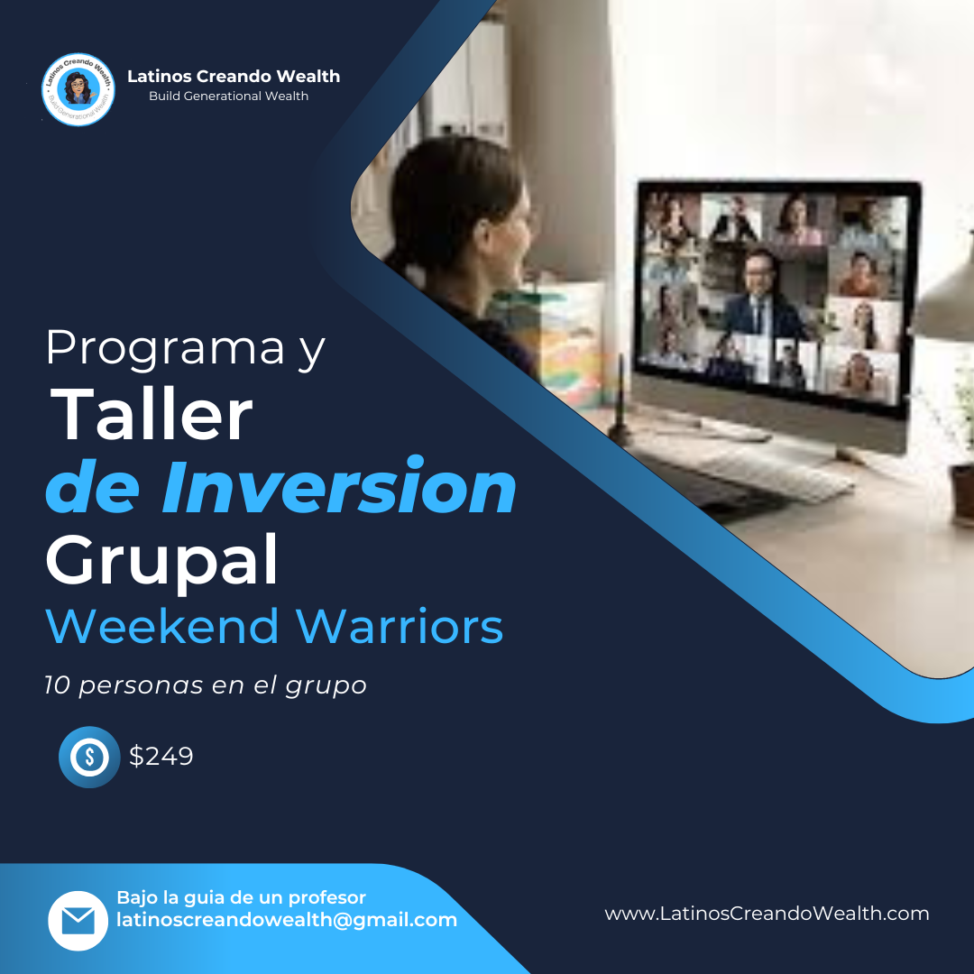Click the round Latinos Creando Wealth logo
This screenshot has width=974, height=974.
[78, 89]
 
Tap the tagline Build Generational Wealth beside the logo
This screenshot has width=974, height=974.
[228, 96]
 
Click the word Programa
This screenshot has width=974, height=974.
[165, 349]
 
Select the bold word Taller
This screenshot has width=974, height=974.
[151, 414]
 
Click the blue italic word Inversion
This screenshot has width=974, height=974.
[339, 486]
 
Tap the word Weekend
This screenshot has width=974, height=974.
[162, 626]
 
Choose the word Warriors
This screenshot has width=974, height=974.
[400, 626]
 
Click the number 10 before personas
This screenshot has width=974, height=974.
[56, 685]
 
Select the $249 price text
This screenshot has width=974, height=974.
[161, 756]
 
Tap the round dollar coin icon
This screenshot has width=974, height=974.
[89, 757]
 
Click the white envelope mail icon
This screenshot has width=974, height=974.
[78, 921]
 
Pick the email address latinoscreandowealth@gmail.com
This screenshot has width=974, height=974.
[287, 920]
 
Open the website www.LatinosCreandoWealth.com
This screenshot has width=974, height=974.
[767, 913]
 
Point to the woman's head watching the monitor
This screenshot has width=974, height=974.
[462, 211]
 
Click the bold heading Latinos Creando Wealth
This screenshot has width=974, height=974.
[234, 77]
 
